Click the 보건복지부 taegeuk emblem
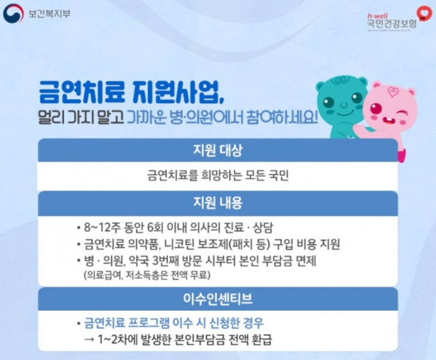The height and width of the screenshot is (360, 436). coord(13,13)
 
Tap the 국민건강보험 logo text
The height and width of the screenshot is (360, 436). coord(392,23)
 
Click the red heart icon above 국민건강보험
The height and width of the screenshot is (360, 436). coord(424,13)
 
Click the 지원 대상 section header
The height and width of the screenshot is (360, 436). coord(218,151)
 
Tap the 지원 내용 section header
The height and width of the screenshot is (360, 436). coord(218,202)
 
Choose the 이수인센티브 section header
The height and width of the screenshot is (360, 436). coord(218,299)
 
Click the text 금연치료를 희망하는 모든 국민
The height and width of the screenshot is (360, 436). coord(218,176)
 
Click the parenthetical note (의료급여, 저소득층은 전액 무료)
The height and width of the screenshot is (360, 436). coord(147,275)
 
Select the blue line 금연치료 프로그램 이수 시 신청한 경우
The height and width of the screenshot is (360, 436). coord(174,323)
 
